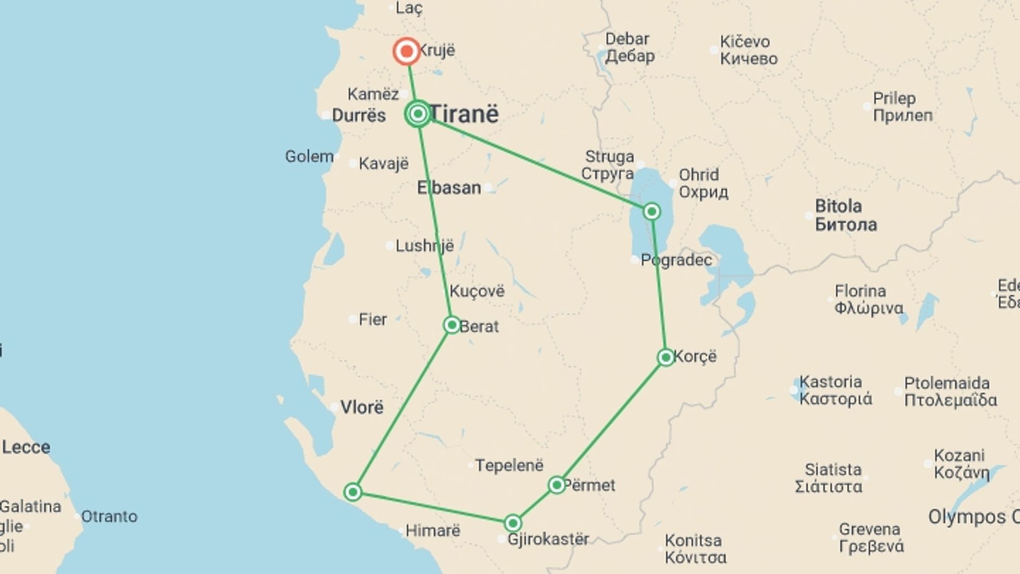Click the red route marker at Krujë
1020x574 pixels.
click(406, 52)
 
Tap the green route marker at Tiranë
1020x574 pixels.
click(418, 114)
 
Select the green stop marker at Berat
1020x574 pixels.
click(452, 325)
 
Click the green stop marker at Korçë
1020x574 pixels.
click(666, 357)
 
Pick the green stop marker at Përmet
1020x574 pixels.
click(557, 485)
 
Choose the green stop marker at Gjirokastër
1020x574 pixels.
click(513, 524)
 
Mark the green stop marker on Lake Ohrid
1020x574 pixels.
click(652, 212)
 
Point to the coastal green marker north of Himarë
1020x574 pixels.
click(353, 492)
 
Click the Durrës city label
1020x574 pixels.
click(359, 115)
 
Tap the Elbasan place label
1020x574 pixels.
click(449, 188)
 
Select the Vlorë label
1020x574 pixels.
click(361, 408)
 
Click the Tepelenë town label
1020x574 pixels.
click(509, 466)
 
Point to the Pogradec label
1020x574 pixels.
click(676, 260)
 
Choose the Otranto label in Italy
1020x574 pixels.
click(109, 516)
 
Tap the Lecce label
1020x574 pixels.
click(26, 447)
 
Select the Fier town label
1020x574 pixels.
click(372, 319)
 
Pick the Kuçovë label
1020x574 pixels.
click(477, 291)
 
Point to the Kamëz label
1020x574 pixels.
click(373, 94)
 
